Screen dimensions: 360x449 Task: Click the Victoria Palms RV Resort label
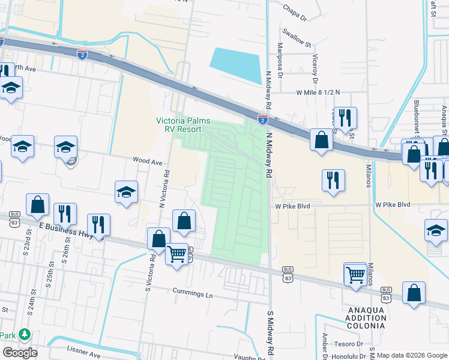(x=183, y=125)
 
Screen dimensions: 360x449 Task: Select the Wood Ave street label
(x=148, y=161)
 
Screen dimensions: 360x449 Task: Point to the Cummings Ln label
(x=193, y=295)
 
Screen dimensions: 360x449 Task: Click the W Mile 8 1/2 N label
(x=318, y=92)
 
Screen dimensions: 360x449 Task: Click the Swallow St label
(x=298, y=44)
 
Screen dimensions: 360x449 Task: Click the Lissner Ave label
(x=83, y=355)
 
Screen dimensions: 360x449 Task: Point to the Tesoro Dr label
(x=351, y=344)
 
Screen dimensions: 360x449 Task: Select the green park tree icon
(x=24, y=334)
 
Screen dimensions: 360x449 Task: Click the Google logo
(x=20, y=352)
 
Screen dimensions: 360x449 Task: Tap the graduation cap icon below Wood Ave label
(x=127, y=192)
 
